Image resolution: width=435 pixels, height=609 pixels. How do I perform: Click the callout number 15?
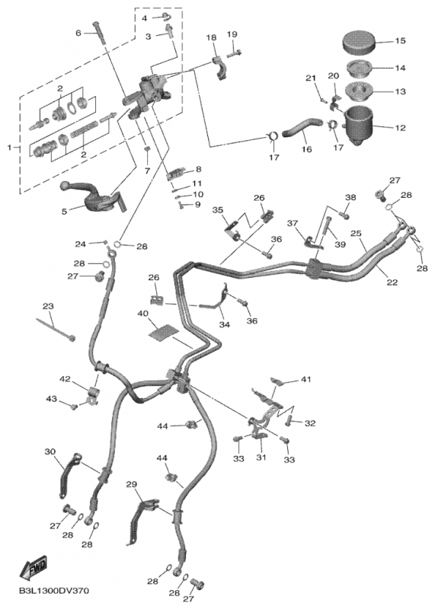coord(400,40)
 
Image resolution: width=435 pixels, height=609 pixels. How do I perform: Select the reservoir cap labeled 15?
coord(361,40)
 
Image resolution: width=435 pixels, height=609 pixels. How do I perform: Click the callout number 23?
coord(47,306)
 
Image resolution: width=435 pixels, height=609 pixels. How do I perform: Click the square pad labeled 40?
coord(162,330)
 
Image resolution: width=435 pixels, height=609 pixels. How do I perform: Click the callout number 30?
coord(50,451)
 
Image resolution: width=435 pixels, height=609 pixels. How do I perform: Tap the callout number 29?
coord(131,485)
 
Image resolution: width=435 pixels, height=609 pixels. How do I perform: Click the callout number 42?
coord(66,378)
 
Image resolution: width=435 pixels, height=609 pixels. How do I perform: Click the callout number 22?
coord(392,282)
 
